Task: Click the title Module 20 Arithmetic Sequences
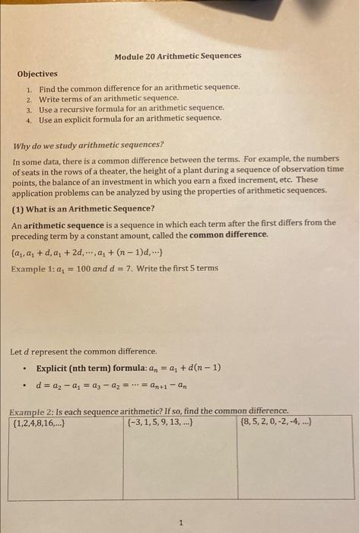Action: coord(177,56)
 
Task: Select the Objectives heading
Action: coord(37,74)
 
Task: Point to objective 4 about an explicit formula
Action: coord(130,118)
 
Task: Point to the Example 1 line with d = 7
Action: coord(115,268)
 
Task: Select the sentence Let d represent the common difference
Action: coord(84,352)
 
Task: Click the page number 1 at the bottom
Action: coord(181,522)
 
